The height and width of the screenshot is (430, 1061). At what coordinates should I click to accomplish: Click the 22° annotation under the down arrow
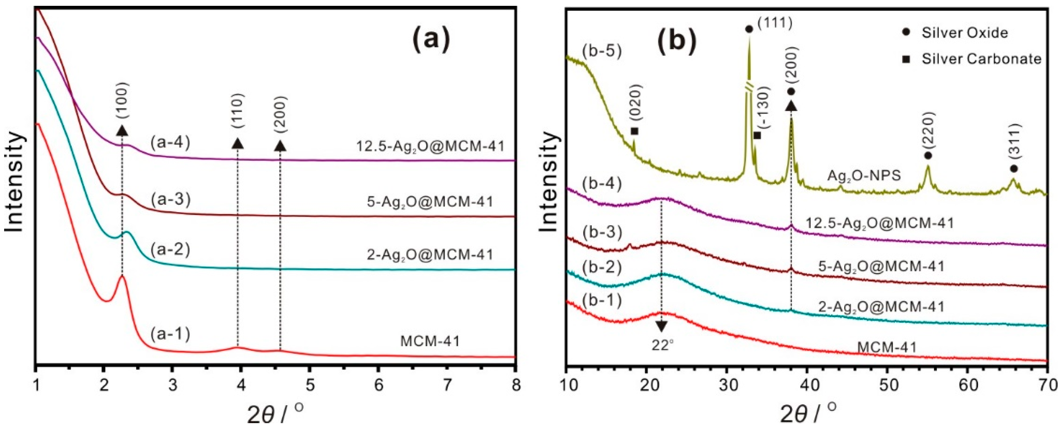(x=662, y=345)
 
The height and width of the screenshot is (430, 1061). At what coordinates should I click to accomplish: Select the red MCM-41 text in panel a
(x=429, y=341)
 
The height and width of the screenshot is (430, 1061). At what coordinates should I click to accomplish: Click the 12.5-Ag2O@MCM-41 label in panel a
(x=429, y=146)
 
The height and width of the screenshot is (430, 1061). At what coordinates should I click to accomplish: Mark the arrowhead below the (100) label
(x=122, y=130)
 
